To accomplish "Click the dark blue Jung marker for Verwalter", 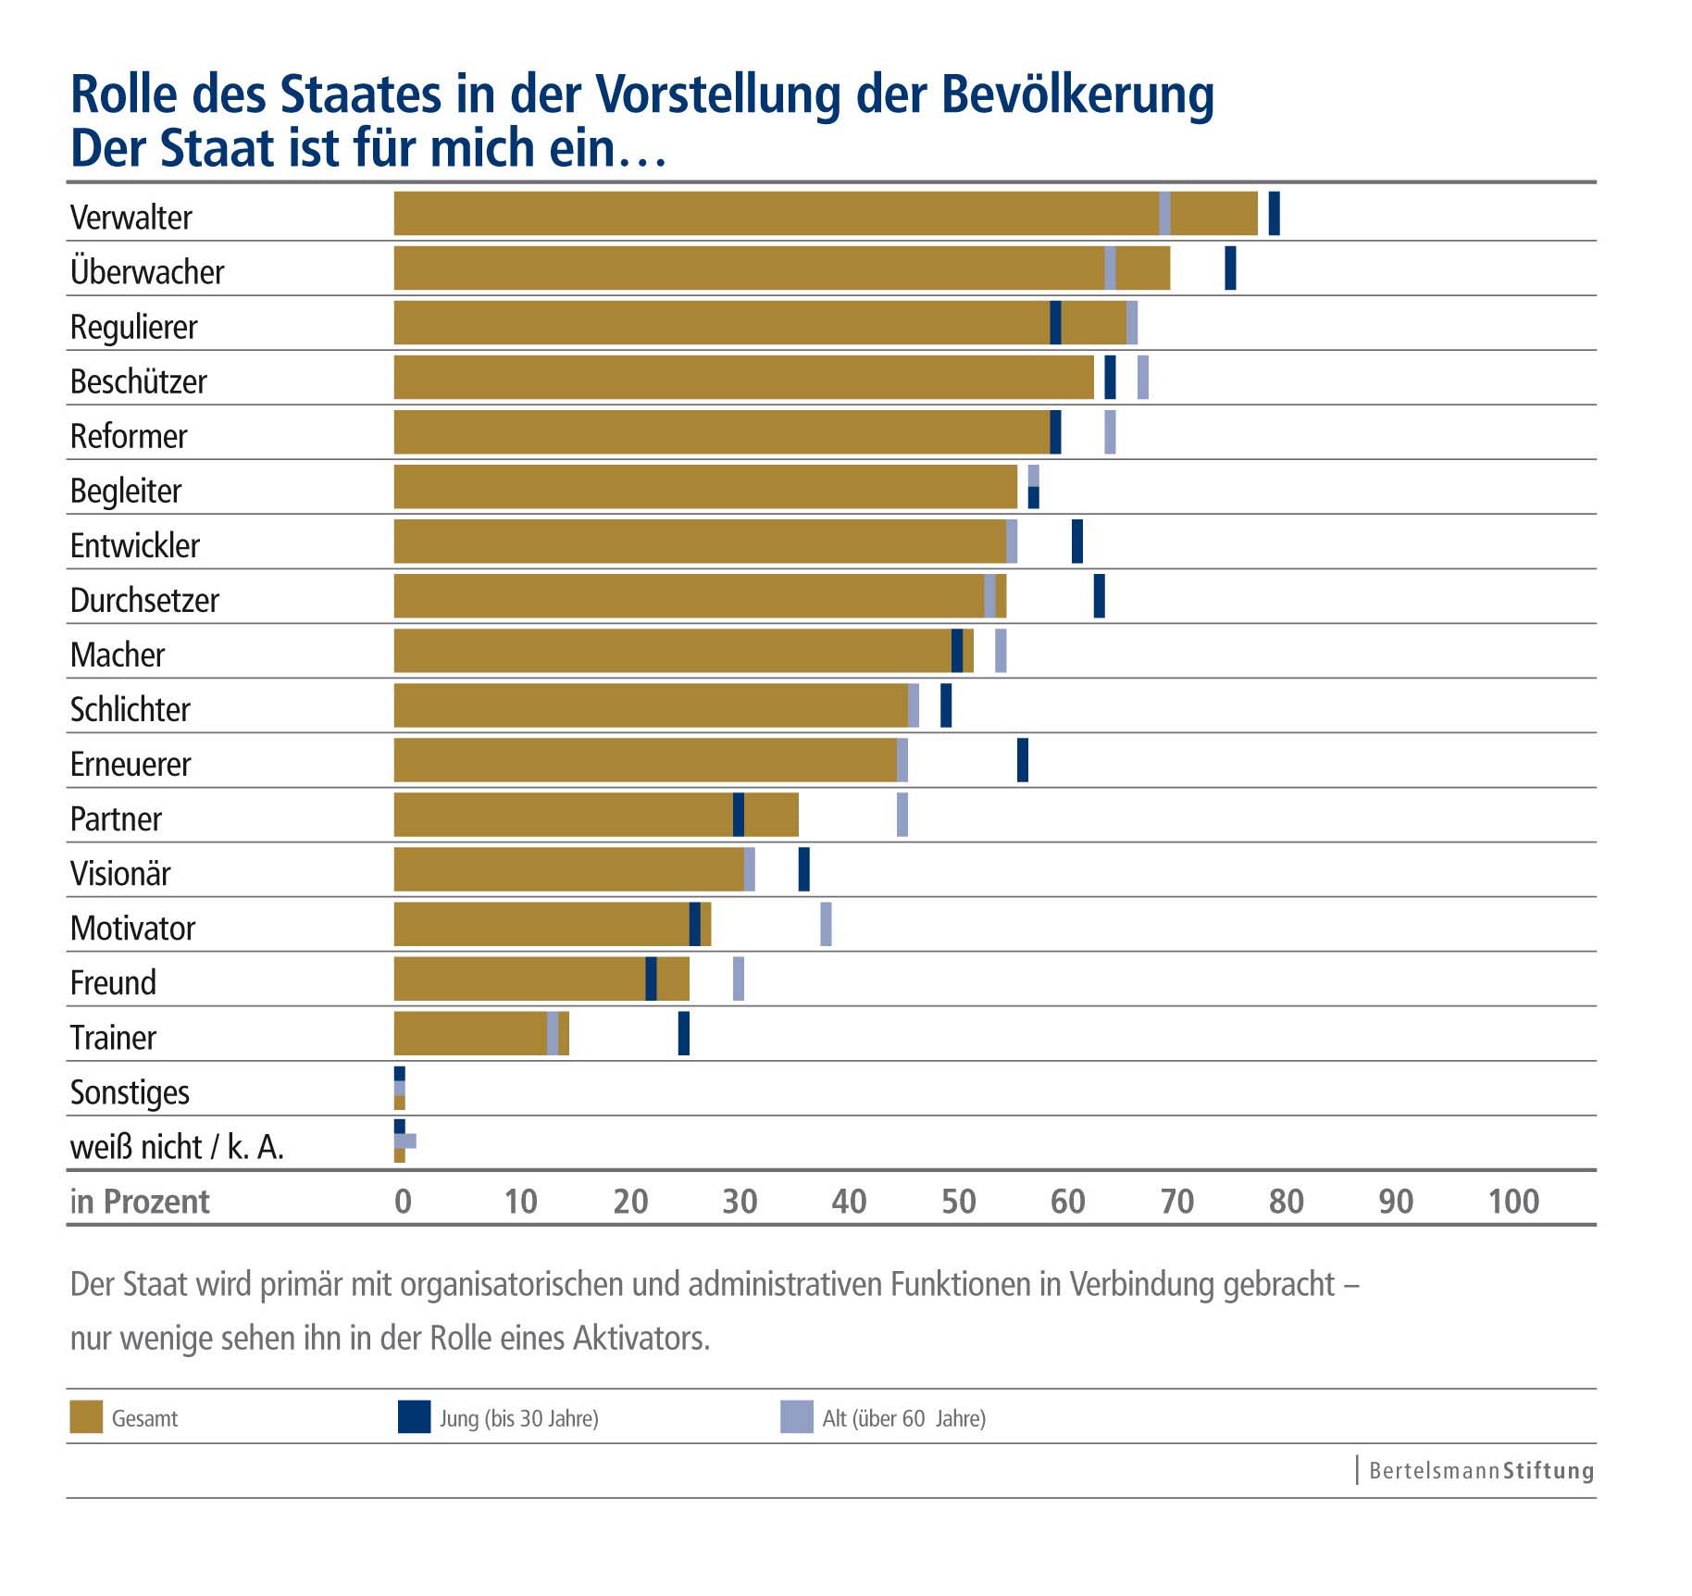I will (1274, 213).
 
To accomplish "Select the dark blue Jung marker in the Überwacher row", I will (1230, 268).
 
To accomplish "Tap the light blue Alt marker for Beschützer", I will (1143, 377).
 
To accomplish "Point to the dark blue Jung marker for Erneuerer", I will (1023, 760).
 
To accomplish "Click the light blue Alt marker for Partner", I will (902, 815).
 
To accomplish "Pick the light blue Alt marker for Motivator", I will (826, 924).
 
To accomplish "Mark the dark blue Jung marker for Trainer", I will (684, 1033).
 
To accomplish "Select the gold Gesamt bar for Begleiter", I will (705, 487).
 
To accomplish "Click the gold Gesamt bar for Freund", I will (541, 979).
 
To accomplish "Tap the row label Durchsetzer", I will (144, 600).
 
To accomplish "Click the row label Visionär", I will (120, 873).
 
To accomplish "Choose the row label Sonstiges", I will (130, 1092).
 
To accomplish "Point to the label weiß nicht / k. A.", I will (177, 1147).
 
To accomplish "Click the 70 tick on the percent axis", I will (1176, 1201).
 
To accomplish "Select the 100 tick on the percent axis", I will (1513, 1201).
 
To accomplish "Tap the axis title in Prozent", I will (140, 1201).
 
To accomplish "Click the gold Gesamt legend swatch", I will (86, 1417).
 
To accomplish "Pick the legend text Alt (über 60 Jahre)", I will (903, 1418).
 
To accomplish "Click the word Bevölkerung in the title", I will (1077, 94).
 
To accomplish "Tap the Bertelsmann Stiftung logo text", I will (1480, 1470).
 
